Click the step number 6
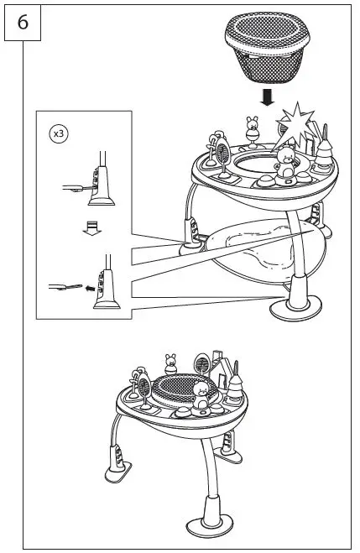click(23, 23)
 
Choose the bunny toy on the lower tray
click(172, 363)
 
